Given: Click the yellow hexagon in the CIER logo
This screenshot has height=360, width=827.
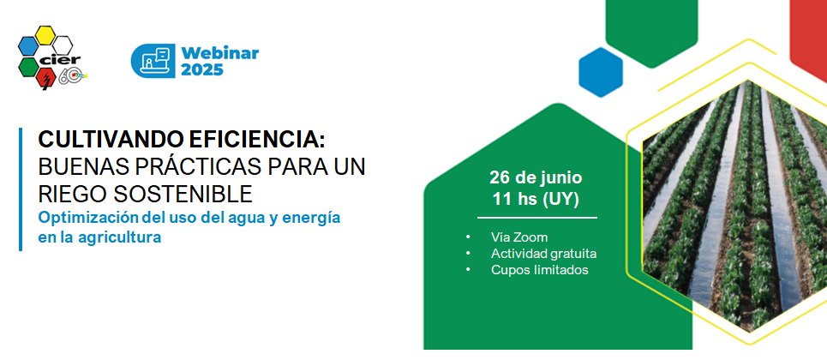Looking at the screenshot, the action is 45,35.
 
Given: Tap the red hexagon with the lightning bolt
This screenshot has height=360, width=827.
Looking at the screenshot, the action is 46,79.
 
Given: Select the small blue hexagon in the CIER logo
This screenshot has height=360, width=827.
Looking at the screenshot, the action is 28,45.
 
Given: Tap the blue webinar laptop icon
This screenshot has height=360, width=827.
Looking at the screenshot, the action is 153,61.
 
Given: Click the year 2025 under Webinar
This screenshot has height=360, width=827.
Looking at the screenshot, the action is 202,69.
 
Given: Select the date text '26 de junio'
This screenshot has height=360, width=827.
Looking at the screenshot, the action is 536,177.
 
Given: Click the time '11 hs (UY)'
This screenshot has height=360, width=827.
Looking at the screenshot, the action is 536,200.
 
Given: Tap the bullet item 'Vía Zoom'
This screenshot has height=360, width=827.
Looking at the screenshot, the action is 519,237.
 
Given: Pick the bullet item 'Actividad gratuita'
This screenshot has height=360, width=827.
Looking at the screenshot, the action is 544,254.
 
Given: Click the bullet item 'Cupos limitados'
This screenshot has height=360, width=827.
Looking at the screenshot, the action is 540,270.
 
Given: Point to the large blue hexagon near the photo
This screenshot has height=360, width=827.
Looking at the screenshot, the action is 601,72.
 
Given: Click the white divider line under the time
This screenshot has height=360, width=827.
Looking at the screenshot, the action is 537,218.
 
